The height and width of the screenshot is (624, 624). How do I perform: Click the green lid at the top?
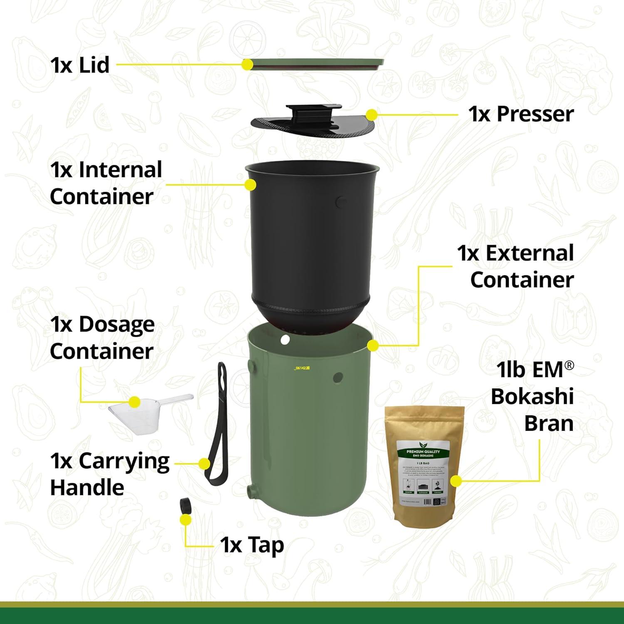[x=316, y=64]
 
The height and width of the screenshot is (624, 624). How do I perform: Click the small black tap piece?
[x=186, y=506]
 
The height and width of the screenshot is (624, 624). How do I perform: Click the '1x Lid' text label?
[x=80, y=65]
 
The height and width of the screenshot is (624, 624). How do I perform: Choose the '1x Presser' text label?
[x=521, y=114]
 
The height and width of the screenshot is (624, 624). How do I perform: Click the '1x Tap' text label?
[x=252, y=545]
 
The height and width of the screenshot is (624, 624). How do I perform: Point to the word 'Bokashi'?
[x=532, y=396]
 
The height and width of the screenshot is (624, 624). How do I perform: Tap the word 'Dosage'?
[x=116, y=324]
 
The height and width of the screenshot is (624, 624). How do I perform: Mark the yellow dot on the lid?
[x=248, y=64]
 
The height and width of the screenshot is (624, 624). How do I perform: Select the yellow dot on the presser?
[x=371, y=114]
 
